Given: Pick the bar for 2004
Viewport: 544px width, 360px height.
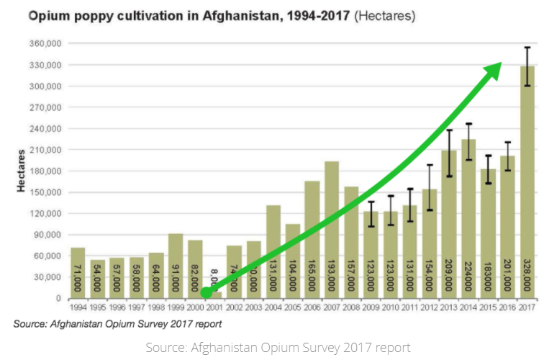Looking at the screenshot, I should click(273, 251).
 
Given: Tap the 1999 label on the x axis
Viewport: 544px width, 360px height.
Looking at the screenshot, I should click(176, 307).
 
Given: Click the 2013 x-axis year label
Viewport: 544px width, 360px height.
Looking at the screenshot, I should click(449, 307).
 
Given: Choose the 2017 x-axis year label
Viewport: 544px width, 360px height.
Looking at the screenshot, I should click(527, 307).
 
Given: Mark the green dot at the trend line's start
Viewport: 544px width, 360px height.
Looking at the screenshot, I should click(206, 292).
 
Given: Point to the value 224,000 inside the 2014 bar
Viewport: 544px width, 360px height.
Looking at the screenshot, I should click(468, 273).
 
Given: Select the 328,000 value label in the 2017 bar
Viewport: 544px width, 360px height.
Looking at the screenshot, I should click(527, 273).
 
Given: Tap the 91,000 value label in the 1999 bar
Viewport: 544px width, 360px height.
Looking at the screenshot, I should click(176, 276).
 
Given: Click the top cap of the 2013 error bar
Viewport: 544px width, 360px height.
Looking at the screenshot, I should click(449, 130).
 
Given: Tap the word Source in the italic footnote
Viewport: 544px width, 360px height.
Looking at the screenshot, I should click(31, 324).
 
